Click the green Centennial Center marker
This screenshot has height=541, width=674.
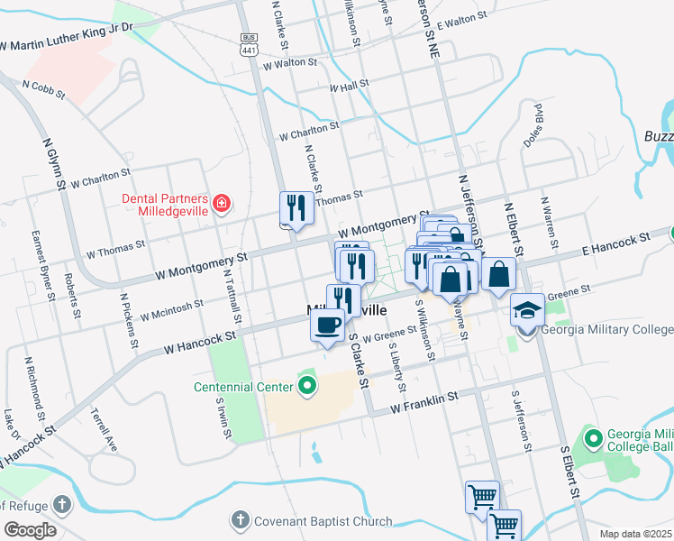pos(307,388)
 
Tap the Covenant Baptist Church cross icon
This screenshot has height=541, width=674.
pos(239,520)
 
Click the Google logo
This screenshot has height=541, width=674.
pos(29,530)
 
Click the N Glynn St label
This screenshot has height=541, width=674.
pos(54,163)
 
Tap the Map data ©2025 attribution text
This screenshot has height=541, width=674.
pos(635,533)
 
